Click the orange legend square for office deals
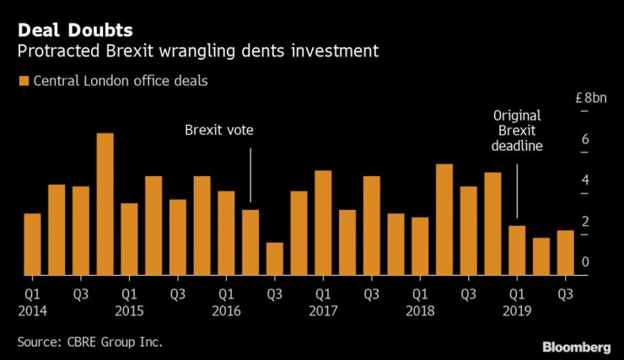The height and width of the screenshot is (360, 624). pos(22,82)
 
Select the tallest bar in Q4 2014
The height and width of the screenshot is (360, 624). pos(105,204)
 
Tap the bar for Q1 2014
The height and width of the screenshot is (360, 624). pos(32,244)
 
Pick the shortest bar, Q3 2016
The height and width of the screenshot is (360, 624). pos(275,258)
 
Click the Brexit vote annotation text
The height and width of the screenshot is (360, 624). pos(219,131)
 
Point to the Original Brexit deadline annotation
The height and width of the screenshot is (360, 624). pos(518,130)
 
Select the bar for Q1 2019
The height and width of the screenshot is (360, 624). pos(518,250)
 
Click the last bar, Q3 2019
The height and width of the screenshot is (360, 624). pos(565,252)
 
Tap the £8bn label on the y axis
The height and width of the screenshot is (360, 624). pos(590,99)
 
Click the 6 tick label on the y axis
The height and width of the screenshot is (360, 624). pos(585,140)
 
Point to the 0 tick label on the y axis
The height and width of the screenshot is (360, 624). pos(585,263)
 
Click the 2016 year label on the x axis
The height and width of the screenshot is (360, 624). pos(227,310)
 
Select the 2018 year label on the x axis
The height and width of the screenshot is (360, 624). pos(419,310)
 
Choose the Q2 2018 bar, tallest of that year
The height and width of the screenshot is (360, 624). pos(444,219)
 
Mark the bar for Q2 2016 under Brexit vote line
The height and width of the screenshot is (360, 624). pos(250,242)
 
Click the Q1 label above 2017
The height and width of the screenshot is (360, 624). pos(322,294)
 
